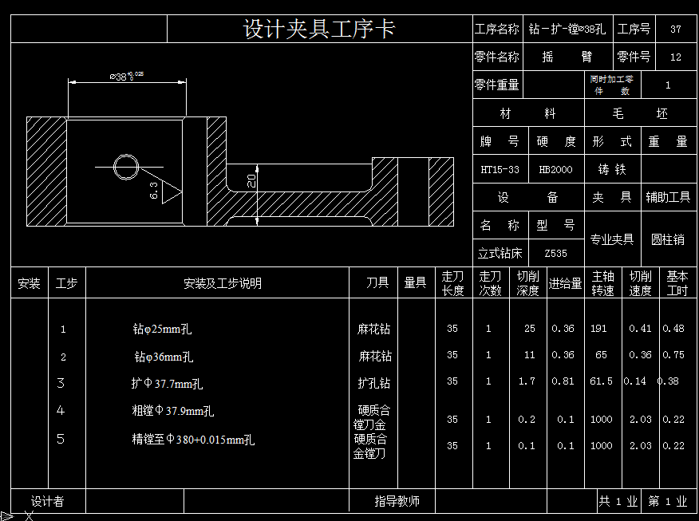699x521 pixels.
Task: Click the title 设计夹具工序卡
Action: point(319,30)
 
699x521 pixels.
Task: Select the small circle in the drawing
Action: point(126,167)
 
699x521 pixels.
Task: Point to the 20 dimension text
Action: point(251,180)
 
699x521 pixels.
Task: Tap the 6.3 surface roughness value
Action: point(153,190)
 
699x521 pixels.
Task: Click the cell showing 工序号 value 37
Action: point(676,30)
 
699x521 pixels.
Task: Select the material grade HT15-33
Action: point(500,169)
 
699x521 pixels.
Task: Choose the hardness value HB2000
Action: point(555,169)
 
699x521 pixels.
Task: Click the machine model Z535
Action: point(555,254)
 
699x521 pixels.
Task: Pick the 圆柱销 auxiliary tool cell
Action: point(668,239)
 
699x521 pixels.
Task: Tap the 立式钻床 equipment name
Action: point(500,254)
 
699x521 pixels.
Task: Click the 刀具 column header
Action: point(377,283)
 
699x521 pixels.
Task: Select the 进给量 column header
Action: point(566,283)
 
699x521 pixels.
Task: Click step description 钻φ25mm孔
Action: point(163,329)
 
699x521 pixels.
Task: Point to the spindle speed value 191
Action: point(598,329)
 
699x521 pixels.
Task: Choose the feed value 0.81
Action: point(563,381)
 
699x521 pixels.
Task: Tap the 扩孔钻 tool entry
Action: point(374,383)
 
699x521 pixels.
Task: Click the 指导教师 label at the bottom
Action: point(397,501)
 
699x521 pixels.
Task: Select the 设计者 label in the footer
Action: point(48,501)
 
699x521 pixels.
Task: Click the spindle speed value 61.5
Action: point(601,381)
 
